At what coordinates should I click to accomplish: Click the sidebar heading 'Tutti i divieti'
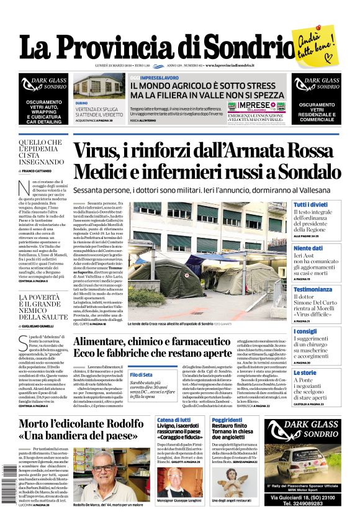[x=310, y=204]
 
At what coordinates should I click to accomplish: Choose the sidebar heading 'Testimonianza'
[x=312, y=289]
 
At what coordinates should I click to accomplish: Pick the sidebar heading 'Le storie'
[x=304, y=372]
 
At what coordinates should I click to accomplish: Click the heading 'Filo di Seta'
[x=141, y=375]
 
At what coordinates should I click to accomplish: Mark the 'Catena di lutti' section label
[x=173, y=420]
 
